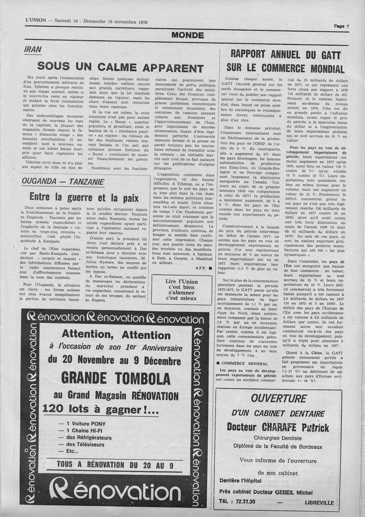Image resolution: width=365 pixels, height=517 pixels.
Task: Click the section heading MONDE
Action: tap(187, 35)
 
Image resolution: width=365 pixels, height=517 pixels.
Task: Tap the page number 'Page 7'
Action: tap(341, 26)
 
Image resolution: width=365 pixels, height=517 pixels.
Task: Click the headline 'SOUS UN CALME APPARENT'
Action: tap(121, 68)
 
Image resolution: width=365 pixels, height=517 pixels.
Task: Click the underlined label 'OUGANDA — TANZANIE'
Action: tap(63, 182)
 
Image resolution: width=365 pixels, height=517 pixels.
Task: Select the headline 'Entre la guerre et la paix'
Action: tap(84, 197)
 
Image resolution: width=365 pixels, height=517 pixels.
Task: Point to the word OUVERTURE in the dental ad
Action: tap(278, 398)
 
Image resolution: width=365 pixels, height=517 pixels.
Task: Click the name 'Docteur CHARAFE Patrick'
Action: tap(278, 427)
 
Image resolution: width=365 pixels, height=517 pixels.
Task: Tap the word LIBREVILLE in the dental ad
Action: tap(319, 502)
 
